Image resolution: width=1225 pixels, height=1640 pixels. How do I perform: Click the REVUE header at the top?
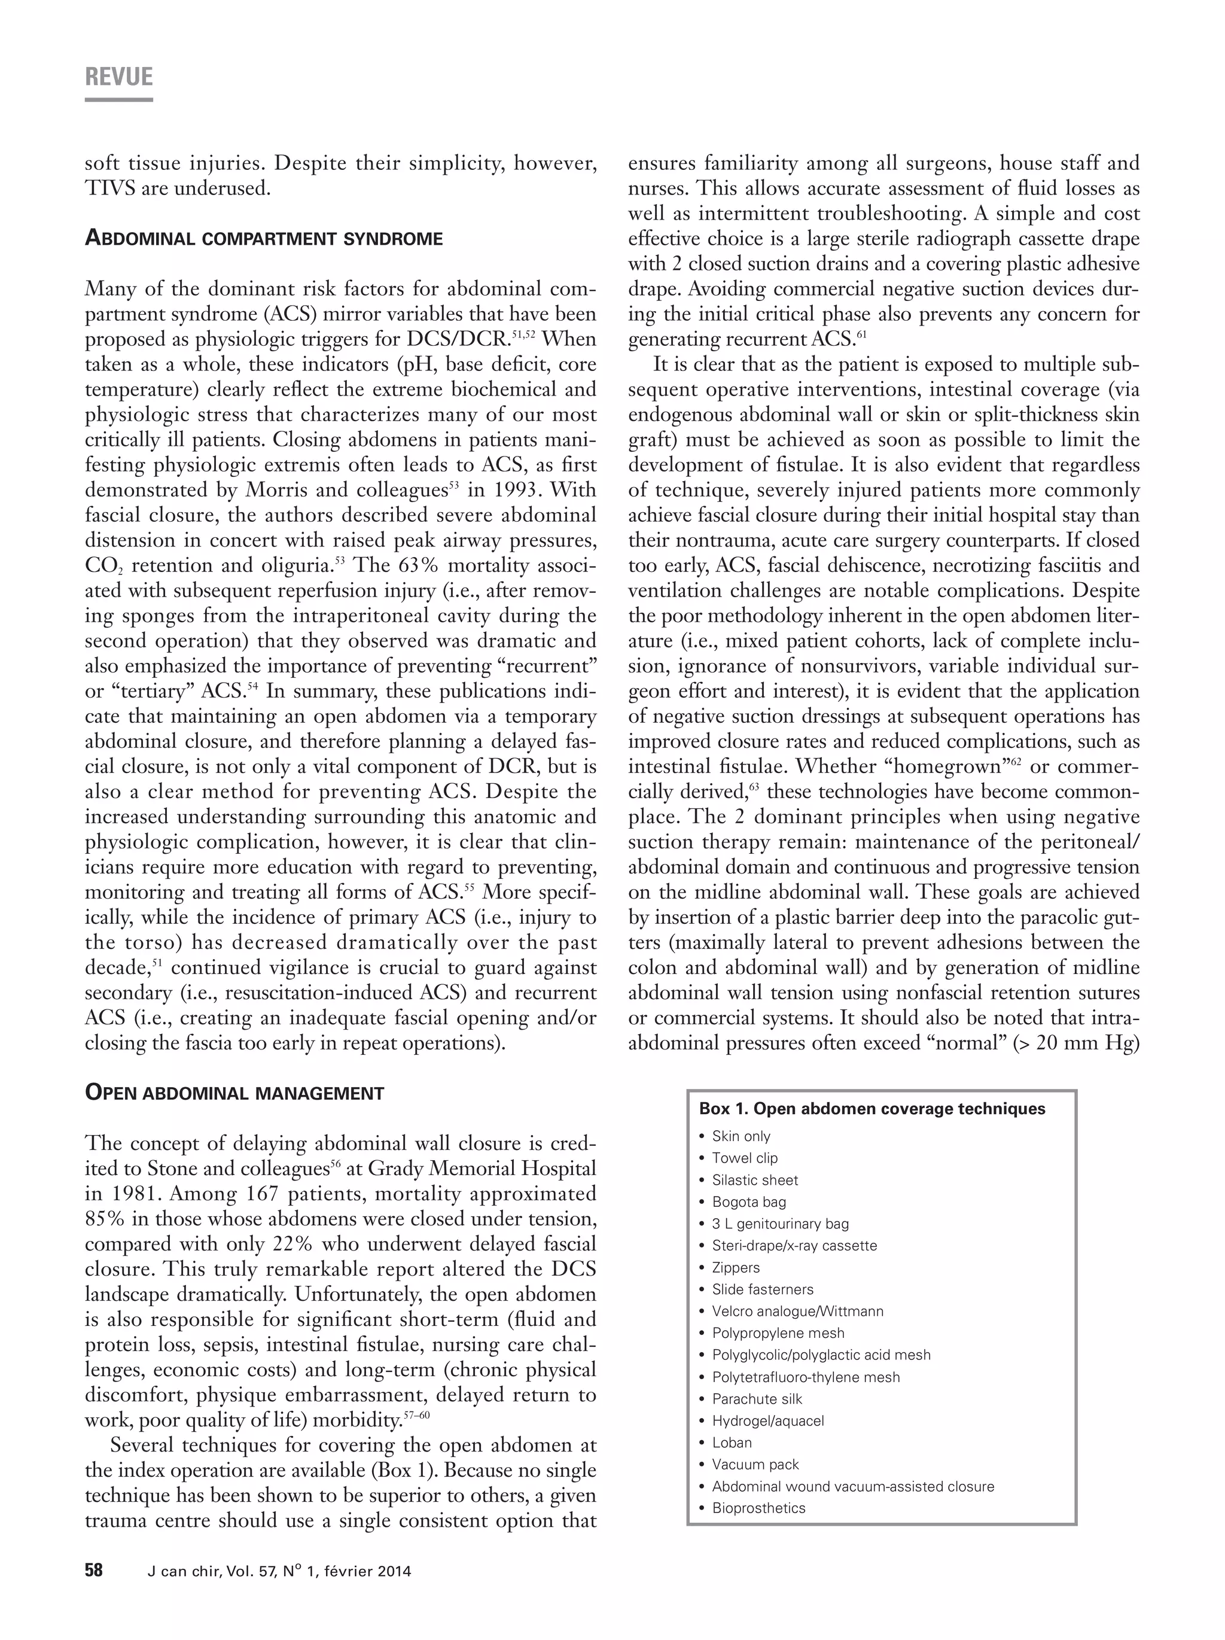click(x=118, y=77)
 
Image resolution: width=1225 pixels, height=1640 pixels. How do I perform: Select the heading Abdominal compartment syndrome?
click(x=264, y=239)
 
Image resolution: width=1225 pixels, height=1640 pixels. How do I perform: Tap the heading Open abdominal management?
click(x=234, y=1093)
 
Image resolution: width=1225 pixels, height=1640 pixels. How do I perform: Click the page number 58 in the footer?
click(x=93, y=1571)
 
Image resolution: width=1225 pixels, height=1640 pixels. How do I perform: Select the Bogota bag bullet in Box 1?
click(x=748, y=1202)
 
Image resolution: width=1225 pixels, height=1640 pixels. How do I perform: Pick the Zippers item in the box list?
click(x=735, y=1268)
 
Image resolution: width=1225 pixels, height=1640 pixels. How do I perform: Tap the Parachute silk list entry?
click(x=757, y=1399)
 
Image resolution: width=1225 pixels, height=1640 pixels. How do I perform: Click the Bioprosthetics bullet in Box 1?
click(x=758, y=1508)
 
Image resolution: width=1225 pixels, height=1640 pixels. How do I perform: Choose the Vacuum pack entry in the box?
click(x=755, y=1464)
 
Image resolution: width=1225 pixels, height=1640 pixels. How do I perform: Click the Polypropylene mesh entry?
click(x=778, y=1333)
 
